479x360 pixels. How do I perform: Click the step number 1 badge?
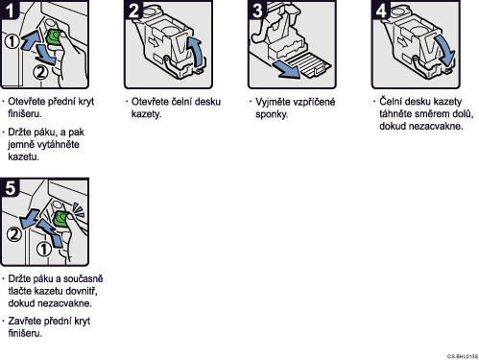(10, 10)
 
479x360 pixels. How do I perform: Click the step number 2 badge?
(133, 10)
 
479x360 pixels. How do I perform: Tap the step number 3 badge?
(257, 10)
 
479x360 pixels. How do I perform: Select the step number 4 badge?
(381, 10)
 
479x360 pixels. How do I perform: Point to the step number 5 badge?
(10, 187)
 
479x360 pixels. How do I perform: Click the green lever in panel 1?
(55, 37)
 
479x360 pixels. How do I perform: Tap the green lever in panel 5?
(61, 219)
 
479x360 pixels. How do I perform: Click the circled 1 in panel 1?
(12, 41)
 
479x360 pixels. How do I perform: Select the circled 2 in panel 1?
(40, 72)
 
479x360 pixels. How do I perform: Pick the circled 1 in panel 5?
(44, 249)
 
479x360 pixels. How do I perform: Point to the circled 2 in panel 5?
(14, 234)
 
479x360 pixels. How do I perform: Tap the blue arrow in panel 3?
(286, 70)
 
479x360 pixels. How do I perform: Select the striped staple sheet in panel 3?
(307, 65)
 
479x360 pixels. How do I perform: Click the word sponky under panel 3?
(272, 114)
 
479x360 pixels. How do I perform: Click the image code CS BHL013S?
(463, 356)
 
